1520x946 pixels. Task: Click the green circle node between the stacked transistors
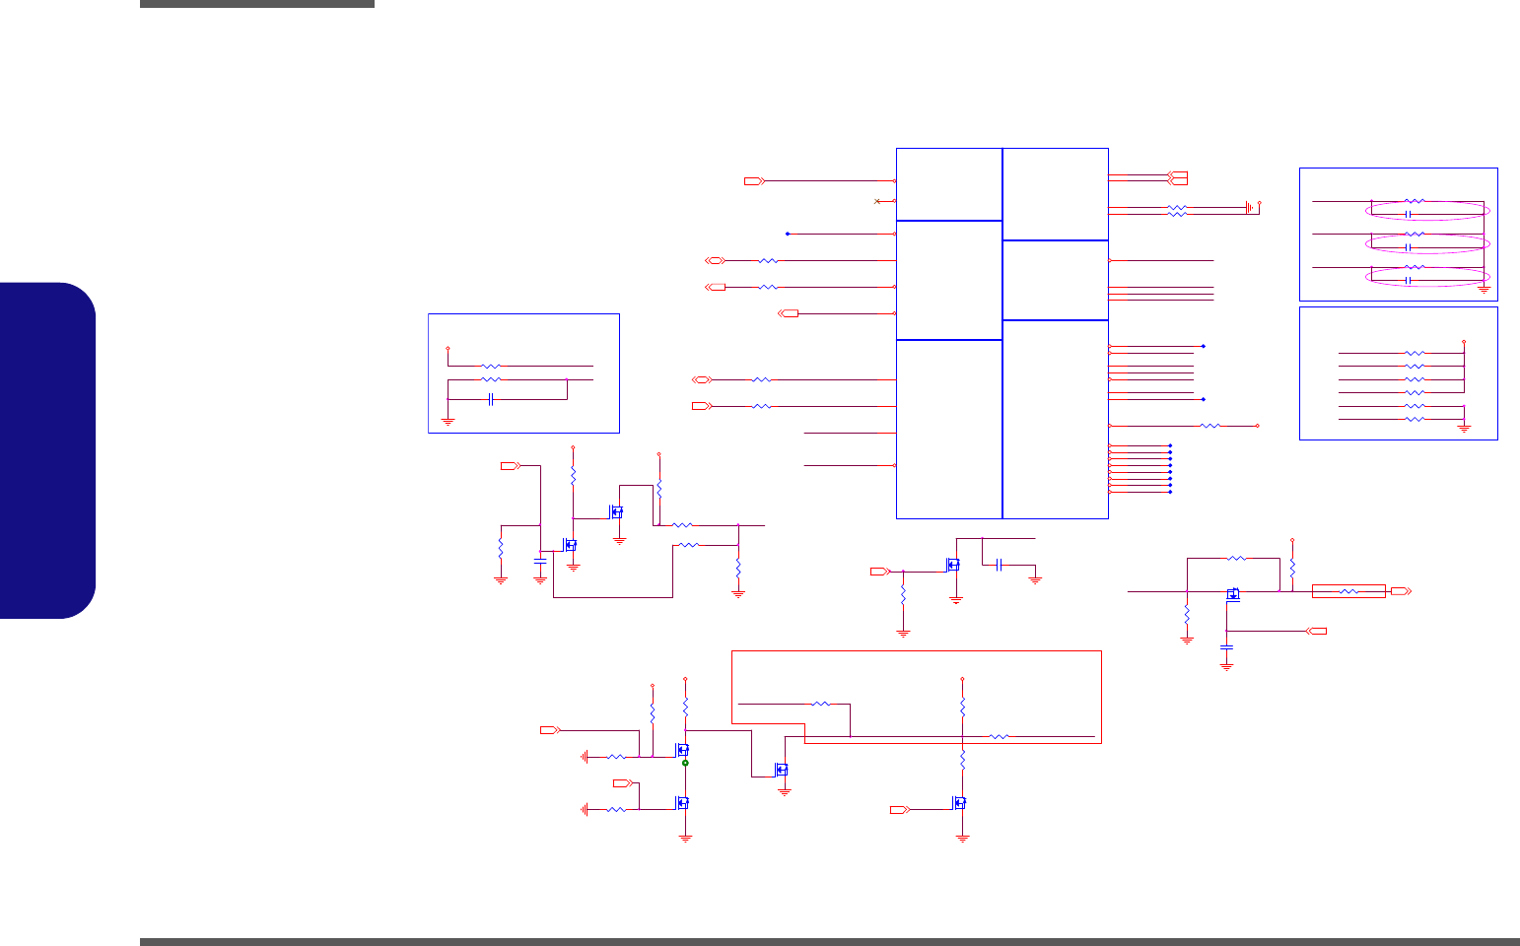685,763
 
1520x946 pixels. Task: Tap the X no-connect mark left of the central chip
877,201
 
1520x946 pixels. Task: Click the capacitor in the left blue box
490,399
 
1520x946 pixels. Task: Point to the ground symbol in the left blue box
448,421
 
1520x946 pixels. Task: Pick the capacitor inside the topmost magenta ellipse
1409,214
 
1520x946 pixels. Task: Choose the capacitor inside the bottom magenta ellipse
1409,281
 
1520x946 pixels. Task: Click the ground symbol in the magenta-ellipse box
1484,289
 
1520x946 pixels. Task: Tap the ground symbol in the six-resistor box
1465,428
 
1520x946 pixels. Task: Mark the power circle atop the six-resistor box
1465,341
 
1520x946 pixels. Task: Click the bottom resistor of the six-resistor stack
1415,419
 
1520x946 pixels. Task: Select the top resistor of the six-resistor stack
1415,352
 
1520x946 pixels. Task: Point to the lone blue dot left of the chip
788,234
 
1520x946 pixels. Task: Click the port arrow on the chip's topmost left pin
754,181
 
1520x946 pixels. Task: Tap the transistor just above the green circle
682,750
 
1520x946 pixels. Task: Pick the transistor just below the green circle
682,802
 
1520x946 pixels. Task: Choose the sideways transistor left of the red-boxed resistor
1233,593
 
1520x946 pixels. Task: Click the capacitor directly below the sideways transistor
1226,647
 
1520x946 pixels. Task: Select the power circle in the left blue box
448,348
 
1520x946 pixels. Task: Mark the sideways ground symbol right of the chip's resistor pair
1249,207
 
